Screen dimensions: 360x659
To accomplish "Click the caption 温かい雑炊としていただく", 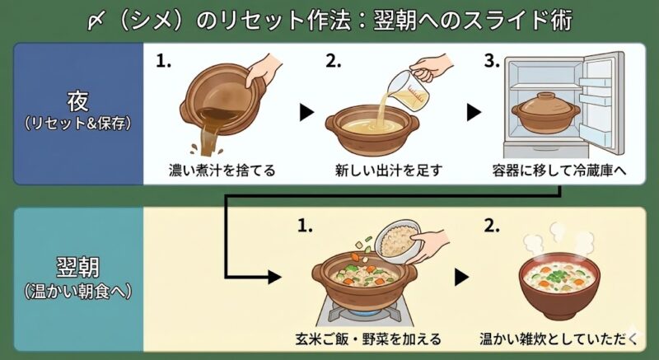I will (x=560, y=339).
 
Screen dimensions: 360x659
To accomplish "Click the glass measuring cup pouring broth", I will (x=417, y=86).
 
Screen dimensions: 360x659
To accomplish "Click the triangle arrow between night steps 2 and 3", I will (x=473, y=112).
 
